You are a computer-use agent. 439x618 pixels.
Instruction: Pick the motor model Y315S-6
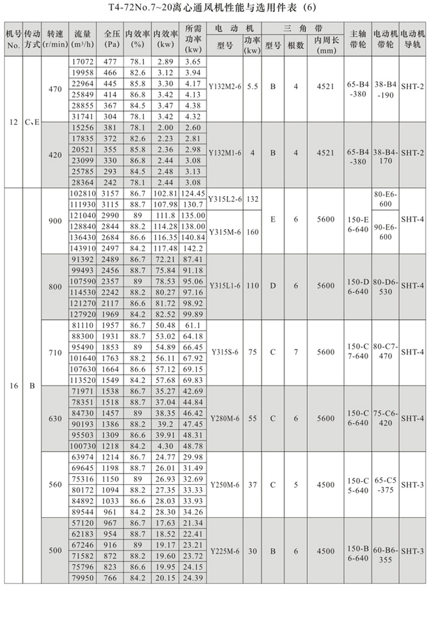(x=225, y=352)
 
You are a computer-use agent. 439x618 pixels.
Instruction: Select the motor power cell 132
(x=252, y=199)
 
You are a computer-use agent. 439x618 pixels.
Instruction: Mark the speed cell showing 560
(x=55, y=485)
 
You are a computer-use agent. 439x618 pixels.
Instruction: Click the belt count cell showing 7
(x=296, y=352)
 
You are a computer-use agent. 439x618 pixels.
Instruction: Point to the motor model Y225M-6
(x=225, y=551)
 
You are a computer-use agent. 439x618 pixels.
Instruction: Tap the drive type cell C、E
(x=32, y=121)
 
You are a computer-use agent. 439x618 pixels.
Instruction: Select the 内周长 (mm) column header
(x=326, y=45)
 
